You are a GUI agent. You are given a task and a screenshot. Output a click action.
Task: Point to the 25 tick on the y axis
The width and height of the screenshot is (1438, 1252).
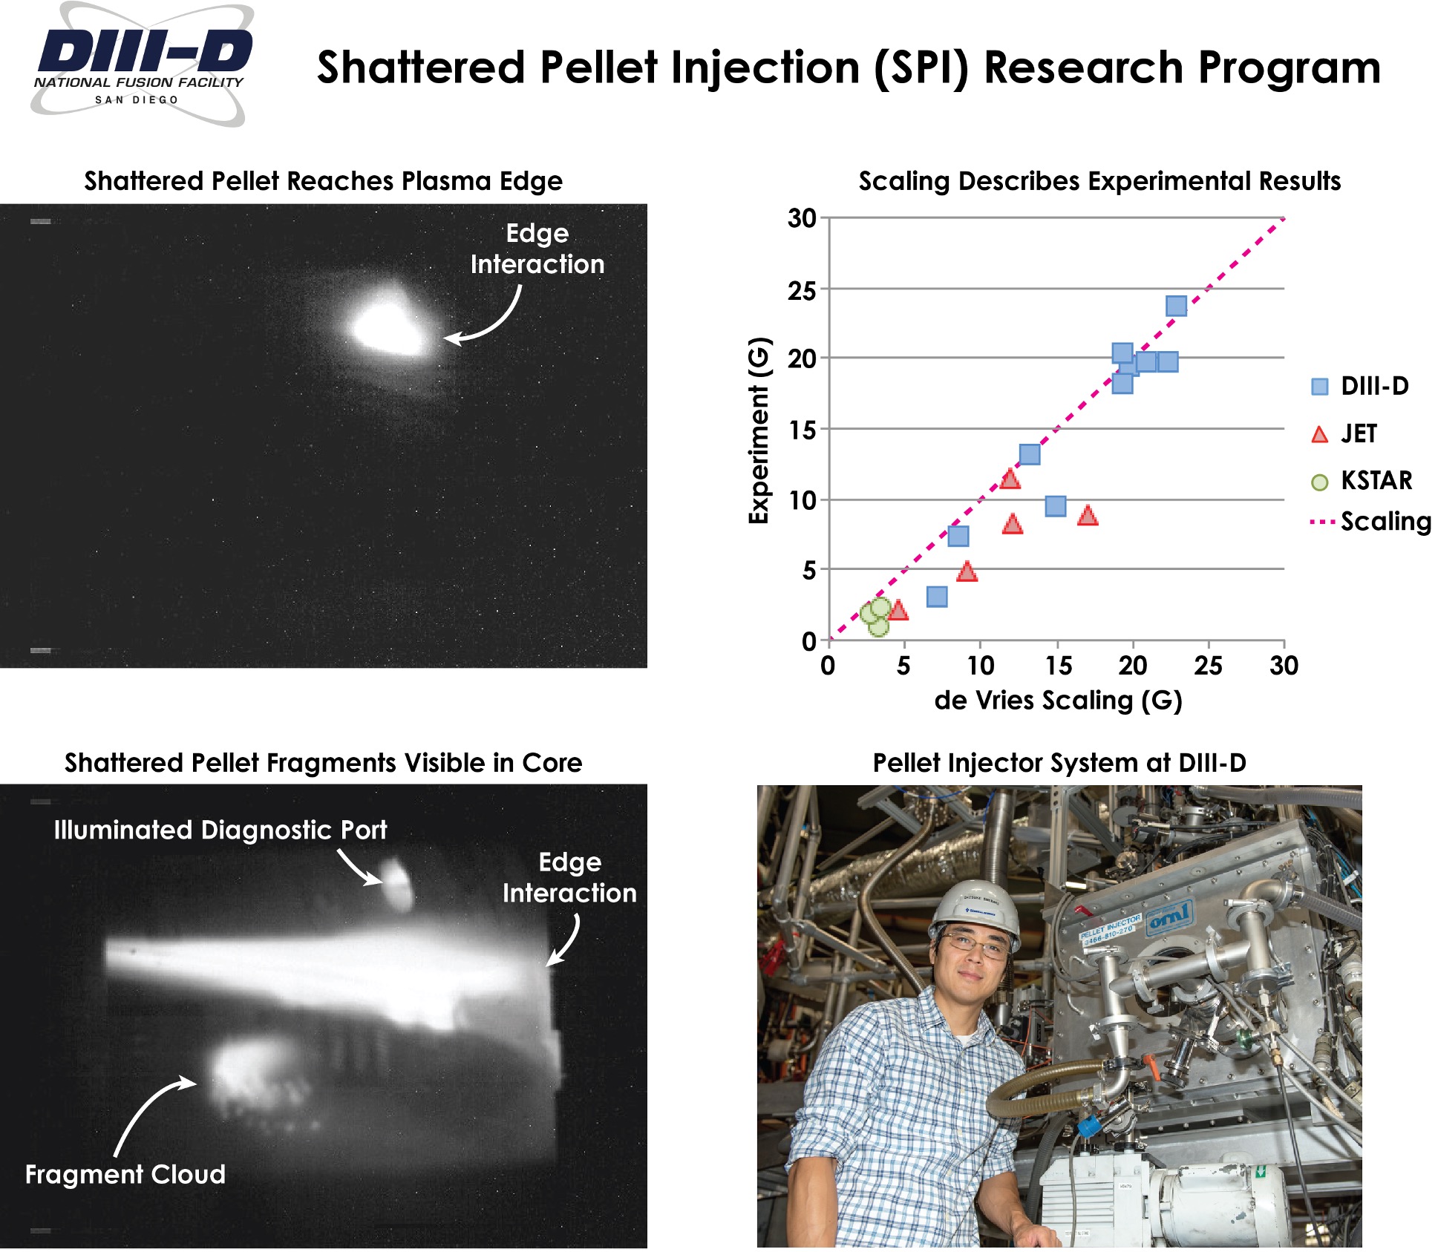pyautogui.click(x=802, y=290)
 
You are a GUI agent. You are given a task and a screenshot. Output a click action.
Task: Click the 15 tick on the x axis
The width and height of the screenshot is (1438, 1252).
pyautogui.click(x=1057, y=666)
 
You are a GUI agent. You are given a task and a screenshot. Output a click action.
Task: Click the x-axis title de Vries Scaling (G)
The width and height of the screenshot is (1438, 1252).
pyautogui.click(x=1058, y=700)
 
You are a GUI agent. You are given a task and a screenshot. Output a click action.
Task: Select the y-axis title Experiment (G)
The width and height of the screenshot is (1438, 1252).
pyautogui.click(x=758, y=430)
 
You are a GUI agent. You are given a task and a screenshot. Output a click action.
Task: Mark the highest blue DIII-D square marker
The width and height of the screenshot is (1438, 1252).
pyautogui.click(x=1176, y=306)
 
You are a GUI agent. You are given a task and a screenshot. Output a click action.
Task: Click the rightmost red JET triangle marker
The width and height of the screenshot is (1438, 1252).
pyautogui.click(x=1088, y=515)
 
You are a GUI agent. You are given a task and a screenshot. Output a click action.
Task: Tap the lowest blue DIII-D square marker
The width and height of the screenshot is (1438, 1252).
pyautogui.click(x=937, y=597)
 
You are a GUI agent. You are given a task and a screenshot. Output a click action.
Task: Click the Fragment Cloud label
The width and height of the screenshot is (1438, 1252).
pyautogui.click(x=125, y=1174)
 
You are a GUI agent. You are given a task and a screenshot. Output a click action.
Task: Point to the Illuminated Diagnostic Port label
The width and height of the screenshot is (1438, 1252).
pyautogui.click(x=220, y=830)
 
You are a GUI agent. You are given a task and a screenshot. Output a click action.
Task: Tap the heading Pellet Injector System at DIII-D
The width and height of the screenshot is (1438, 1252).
pyautogui.click(x=1059, y=763)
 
